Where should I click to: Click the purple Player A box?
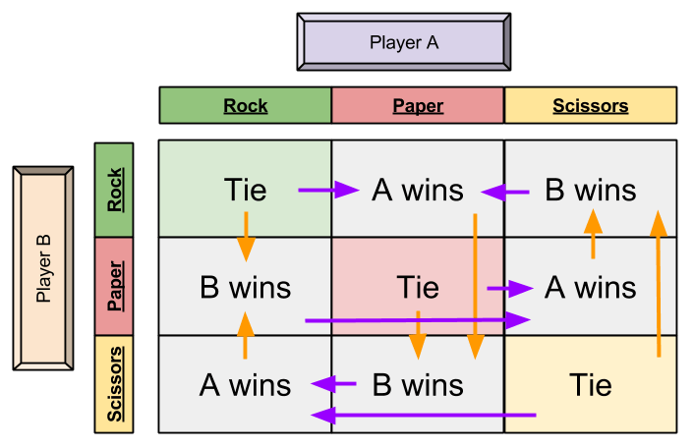click(403, 42)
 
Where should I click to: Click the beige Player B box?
click(43, 268)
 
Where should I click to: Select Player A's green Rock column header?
click(245, 105)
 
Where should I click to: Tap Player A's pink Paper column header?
click(418, 105)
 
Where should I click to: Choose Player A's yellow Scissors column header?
click(590, 105)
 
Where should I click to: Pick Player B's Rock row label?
click(114, 190)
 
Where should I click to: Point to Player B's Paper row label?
click(114, 286)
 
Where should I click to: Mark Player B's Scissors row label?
click(114, 383)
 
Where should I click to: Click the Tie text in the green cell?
click(245, 189)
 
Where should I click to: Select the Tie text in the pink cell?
click(418, 287)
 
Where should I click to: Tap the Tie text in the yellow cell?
click(590, 384)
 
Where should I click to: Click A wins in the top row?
click(418, 190)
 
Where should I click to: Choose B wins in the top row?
click(590, 190)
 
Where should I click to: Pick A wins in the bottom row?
click(245, 384)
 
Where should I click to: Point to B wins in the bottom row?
click(418, 384)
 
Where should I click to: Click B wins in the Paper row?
click(245, 287)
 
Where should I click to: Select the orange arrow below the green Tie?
click(246, 236)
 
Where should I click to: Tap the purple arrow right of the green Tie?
click(328, 191)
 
